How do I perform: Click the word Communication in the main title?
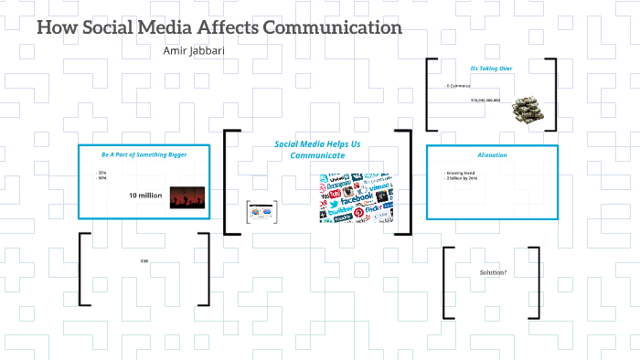[x=332, y=27]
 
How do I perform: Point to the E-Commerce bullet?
[x=458, y=85]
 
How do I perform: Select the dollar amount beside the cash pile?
[x=485, y=100]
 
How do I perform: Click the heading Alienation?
[x=492, y=155]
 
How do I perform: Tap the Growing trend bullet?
[x=460, y=172]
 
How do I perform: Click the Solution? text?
[x=493, y=273]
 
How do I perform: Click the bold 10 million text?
[x=144, y=196]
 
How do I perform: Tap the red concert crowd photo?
[x=186, y=197]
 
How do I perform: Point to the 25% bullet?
[x=101, y=172]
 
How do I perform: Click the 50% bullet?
[x=101, y=178]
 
